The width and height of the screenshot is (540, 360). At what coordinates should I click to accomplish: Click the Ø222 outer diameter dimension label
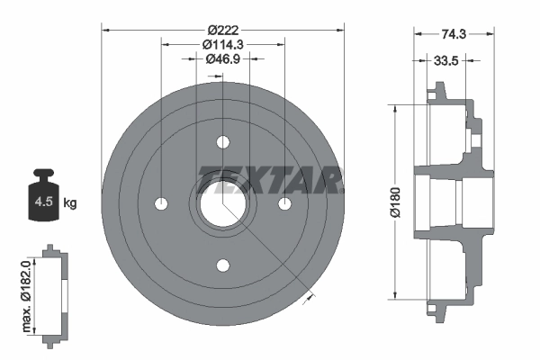click(x=222, y=29)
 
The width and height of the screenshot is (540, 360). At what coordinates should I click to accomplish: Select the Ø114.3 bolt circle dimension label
click(x=221, y=44)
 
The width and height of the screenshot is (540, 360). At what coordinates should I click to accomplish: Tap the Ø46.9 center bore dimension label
click(x=221, y=59)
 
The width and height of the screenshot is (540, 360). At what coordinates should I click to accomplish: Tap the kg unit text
click(x=70, y=203)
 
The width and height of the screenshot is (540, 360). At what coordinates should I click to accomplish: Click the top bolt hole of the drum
click(x=223, y=141)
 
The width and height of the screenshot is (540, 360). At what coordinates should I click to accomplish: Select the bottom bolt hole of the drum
click(x=223, y=265)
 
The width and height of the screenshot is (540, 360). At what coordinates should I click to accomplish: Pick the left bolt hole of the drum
click(x=162, y=203)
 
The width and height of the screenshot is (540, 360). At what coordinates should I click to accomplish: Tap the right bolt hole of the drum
click(x=285, y=203)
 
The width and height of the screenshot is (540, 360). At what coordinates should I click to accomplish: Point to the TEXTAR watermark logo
click(x=269, y=180)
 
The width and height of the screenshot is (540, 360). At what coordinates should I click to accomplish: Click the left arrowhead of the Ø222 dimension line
click(x=107, y=29)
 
